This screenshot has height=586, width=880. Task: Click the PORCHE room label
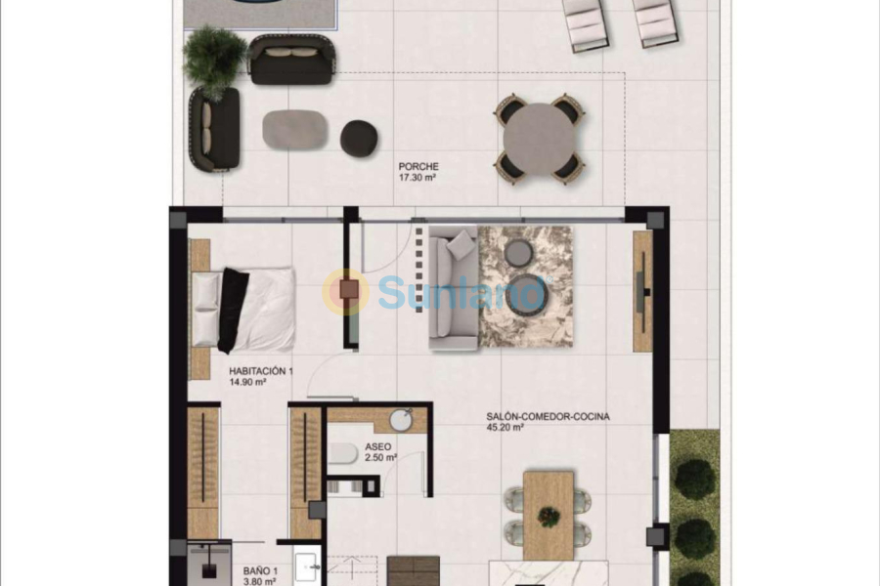point(418,167)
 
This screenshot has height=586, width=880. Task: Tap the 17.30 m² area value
point(418,179)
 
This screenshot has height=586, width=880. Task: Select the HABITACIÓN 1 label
point(261,371)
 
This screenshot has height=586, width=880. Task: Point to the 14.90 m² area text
point(249,383)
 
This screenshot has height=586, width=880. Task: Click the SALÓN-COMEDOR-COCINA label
point(548,416)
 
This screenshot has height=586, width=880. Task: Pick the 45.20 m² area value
point(506,428)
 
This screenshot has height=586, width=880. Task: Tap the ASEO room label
point(378,445)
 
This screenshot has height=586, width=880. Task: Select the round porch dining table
point(540,137)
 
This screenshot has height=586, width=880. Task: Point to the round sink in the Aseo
point(401,420)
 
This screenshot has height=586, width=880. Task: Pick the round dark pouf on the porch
point(359,137)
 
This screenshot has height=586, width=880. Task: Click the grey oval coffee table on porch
point(294,130)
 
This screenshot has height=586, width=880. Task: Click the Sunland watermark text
point(460,290)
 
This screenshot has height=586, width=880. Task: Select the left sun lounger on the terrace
point(585,21)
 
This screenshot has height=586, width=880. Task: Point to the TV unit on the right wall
point(642,291)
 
